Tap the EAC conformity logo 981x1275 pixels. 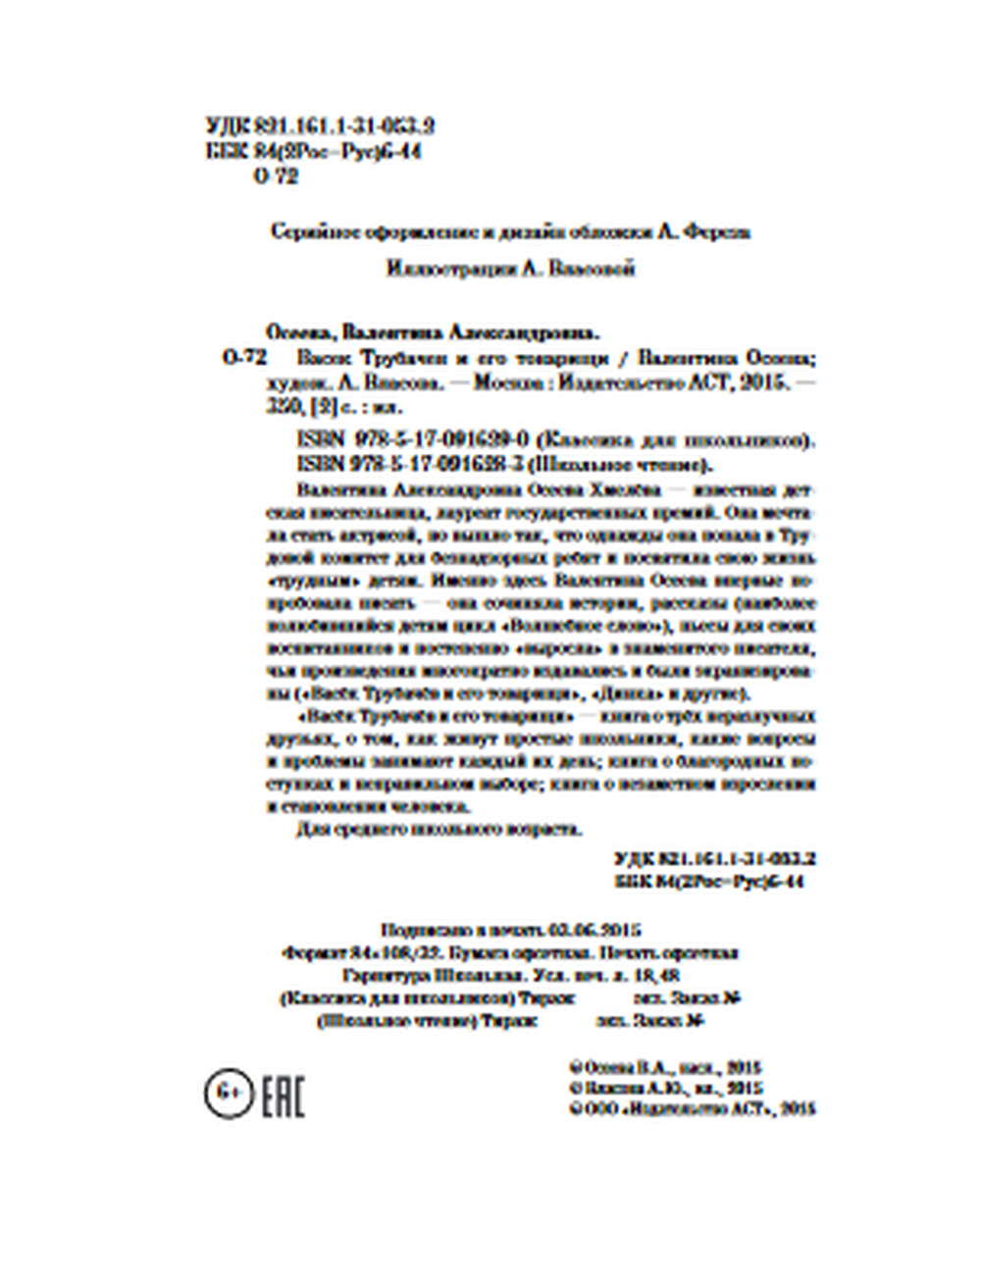point(283,1096)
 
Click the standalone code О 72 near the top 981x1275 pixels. point(275,177)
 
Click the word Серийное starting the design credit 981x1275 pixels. point(305,233)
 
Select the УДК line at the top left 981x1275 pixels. point(321,127)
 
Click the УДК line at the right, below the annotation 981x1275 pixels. point(714,858)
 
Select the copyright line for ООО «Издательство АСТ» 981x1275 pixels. point(692,1108)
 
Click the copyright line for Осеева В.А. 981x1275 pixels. point(665,1067)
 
